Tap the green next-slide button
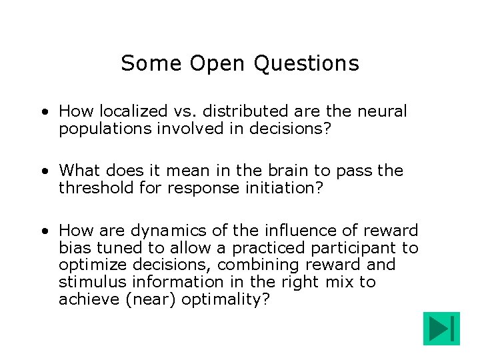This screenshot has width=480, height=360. (441, 329)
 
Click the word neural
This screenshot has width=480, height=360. (381, 111)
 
